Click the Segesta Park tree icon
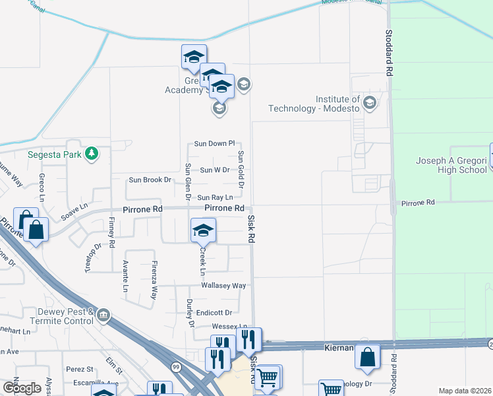click(x=92, y=155)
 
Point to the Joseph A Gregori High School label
click(x=451, y=165)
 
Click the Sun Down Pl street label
click(x=214, y=143)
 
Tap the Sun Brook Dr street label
click(x=150, y=180)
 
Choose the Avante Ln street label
click(x=125, y=276)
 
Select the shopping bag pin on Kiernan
click(x=367, y=356)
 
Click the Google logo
click(x=22, y=387)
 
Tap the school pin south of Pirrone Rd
click(x=203, y=230)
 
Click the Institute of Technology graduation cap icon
click(x=369, y=102)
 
